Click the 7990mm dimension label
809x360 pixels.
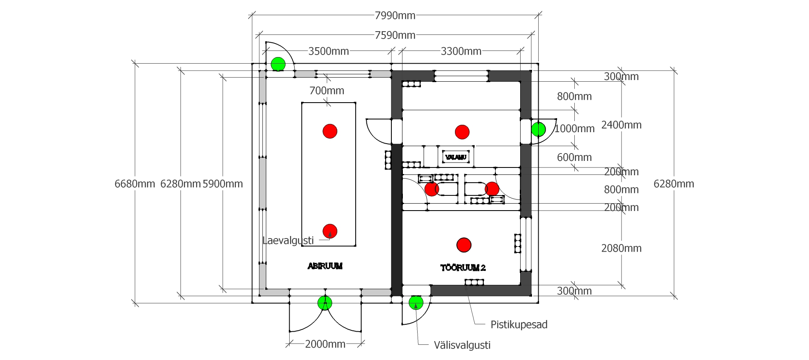point(395,16)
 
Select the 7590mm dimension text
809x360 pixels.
point(395,35)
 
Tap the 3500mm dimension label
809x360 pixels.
point(328,51)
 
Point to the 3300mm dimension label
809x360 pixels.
point(461,51)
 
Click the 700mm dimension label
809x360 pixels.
point(327,91)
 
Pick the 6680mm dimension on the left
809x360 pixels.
point(135,184)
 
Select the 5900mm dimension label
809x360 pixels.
point(222,184)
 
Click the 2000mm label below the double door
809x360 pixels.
point(325,344)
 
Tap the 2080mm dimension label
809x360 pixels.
point(621,248)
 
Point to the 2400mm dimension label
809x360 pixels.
point(621,125)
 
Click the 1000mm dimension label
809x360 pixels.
point(574,129)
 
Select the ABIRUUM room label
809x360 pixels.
point(325,266)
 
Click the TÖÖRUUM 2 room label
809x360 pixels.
point(463,268)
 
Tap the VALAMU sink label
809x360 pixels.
point(456,157)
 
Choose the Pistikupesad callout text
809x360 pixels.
point(519,325)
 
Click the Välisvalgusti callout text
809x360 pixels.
point(462,345)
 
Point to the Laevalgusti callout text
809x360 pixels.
point(288,241)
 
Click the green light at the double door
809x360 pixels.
point(325,303)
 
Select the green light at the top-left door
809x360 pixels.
point(278,64)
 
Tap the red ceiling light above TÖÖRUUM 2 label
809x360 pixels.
point(464,245)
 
